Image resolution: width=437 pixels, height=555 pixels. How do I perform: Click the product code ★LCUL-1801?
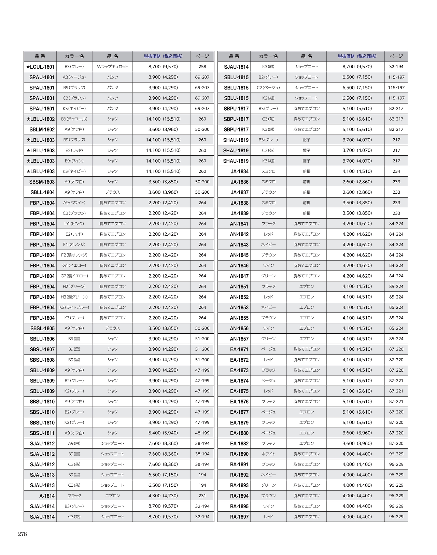coord(40,67)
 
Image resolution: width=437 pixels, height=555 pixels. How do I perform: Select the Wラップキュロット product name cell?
coord(112,67)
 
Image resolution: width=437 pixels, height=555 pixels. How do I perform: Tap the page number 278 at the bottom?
coord(23,534)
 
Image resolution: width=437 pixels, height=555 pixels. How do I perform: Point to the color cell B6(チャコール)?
coord(74,119)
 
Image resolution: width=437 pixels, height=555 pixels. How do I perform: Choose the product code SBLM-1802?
coord(42,130)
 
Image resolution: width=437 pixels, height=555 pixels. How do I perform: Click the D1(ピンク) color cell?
coord(74,224)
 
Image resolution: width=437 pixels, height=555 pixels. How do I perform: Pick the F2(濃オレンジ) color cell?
coord(74,255)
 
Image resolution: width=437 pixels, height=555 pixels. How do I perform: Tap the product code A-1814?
coord(47,496)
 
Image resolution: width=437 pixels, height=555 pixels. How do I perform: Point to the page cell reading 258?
coord(202,67)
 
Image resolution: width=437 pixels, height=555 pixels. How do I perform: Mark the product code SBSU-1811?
coord(42,433)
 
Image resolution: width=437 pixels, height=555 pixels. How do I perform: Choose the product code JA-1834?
coord(239,171)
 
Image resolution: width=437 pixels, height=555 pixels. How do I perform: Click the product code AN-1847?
coord(239,276)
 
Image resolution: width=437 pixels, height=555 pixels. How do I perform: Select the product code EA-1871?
coord(239,349)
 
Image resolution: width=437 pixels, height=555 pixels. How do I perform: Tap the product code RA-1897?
coord(239,517)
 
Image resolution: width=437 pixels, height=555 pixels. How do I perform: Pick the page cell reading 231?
coord(202,496)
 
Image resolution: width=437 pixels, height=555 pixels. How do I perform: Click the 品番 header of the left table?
coord(40,56)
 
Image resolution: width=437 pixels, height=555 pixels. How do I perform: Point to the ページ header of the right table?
coord(396,56)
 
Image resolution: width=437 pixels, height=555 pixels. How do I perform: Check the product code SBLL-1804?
coord(42,192)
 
